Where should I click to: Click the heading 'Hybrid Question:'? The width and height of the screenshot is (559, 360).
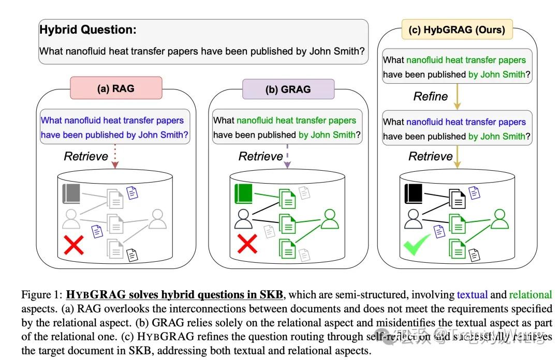pyautogui.click(x=88, y=29)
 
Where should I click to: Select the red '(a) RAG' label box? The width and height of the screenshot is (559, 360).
pyautogui.click(x=116, y=88)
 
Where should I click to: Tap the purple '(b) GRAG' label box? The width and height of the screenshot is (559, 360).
pyautogui.click(x=288, y=89)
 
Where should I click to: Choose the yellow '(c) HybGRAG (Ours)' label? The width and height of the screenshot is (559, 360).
pyautogui.click(x=457, y=29)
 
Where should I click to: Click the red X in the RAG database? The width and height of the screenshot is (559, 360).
pyautogui.click(x=73, y=245)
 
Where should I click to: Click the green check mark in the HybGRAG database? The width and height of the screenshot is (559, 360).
pyautogui.click(x=417, y=244)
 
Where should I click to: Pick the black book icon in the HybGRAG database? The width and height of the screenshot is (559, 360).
pyautogui.click(x=414, y=193)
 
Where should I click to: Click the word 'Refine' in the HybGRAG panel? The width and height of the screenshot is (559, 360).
pyautogui.click(x=430, y=96)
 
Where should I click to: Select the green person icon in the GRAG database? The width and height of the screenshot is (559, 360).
pyautogui.click(x=329, y=219)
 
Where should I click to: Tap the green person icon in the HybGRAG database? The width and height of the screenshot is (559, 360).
pyautogui.click(x=499, y=219)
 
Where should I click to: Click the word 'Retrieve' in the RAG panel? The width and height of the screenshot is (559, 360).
pyautogui.click(x=86, y=156)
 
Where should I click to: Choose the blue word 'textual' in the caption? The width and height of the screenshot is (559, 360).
pyautogui.click(x=472, y=295)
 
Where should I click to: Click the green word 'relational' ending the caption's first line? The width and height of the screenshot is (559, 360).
pyautogui.click(x=531, y=295)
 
